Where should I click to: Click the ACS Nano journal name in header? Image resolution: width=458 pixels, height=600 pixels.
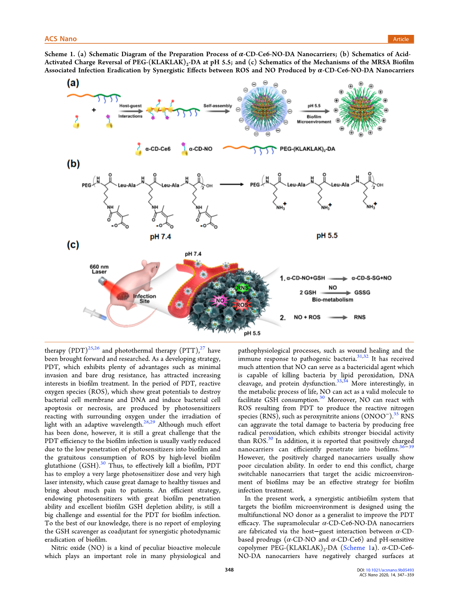(60, 39)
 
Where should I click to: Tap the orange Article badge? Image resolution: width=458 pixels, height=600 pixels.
(401, 39)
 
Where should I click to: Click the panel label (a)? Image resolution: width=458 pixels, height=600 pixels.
(73, 83)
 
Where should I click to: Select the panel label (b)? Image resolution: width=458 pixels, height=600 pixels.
(73, 164)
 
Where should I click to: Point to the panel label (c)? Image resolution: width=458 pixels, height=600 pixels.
(73, 245)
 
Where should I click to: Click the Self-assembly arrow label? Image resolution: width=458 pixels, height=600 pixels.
(217, 106)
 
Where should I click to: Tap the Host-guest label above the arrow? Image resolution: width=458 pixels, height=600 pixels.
(130, 106)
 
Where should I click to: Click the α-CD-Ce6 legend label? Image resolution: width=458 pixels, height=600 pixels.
(157, 149)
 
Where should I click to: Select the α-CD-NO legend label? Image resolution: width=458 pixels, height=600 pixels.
(200, 149)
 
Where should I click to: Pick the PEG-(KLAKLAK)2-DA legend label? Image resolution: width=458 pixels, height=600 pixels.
(307, 149)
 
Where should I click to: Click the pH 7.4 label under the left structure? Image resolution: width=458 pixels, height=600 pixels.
(160, 237)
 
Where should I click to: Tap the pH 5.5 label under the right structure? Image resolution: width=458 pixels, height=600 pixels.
(327, 236)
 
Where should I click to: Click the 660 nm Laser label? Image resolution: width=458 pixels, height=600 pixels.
(99, 269)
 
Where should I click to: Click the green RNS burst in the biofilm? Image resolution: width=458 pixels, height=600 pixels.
(242, 288)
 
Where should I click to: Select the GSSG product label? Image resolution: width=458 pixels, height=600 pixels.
(362, 293)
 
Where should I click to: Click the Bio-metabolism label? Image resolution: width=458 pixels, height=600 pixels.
(332, 300)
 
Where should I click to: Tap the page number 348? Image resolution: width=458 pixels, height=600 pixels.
(229, 570)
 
